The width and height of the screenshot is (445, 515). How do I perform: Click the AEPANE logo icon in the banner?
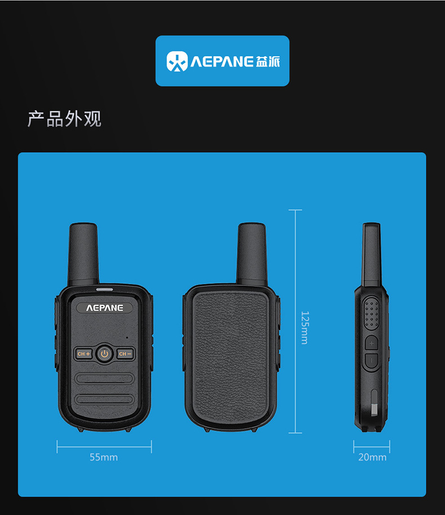pos(177,61)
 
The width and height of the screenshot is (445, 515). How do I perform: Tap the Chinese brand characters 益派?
pos(268,61)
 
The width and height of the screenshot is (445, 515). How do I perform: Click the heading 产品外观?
pos(65,119)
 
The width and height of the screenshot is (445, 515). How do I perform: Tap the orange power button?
pos(104,354)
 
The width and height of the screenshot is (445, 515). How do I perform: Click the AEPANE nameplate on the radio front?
pos(104,308)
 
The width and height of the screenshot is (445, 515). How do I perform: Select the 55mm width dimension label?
pos(104,457)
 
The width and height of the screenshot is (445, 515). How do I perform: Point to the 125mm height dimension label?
pos(304,328)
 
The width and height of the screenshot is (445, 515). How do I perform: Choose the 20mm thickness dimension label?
pos(372,457)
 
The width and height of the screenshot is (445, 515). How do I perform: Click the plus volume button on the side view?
pos(371,343)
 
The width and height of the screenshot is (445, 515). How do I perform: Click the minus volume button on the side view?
pos(371,360)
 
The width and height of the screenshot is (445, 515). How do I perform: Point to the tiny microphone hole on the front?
pos(127,338)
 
